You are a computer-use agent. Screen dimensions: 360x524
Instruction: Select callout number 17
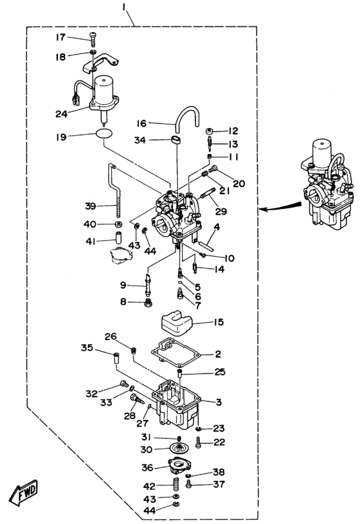(60, 37)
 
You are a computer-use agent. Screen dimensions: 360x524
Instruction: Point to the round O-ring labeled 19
(104, 133)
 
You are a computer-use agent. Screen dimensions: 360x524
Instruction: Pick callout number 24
(61, 114)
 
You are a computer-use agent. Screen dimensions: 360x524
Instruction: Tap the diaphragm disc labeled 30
(179, 447)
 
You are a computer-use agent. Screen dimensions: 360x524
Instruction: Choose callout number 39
(90, 206)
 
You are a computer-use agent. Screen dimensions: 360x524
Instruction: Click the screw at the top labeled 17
(93, 40)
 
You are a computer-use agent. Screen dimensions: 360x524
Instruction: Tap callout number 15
(219, 322)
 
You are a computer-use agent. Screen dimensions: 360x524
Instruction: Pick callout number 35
(87, 348)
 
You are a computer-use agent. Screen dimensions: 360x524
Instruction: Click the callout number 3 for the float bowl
(219, 402)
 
